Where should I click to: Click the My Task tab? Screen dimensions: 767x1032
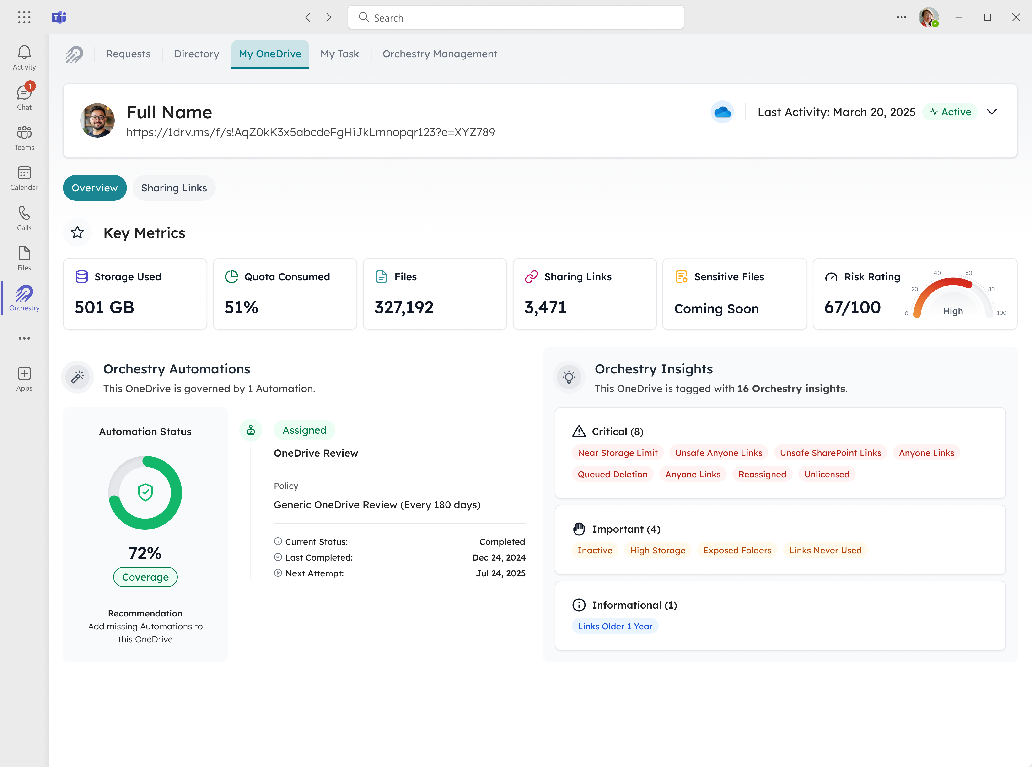(339, 54)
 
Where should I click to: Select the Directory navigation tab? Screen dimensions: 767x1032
(196, 54)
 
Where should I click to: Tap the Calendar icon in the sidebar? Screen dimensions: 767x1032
(24, 178)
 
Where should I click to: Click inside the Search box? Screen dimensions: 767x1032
(515, 18)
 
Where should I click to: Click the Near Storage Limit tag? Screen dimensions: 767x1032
(618, 453)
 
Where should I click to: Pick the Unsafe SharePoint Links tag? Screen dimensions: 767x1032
(830, 453)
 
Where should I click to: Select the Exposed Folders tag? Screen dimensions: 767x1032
(737, 550)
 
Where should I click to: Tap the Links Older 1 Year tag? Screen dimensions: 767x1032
(615, 626)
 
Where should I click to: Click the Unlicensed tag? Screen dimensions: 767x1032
(826, 474)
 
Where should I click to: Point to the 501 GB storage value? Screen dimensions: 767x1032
(104, 307)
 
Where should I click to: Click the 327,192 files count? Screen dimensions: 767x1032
(404, 307)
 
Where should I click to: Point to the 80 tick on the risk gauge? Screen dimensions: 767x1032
(991, 289)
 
